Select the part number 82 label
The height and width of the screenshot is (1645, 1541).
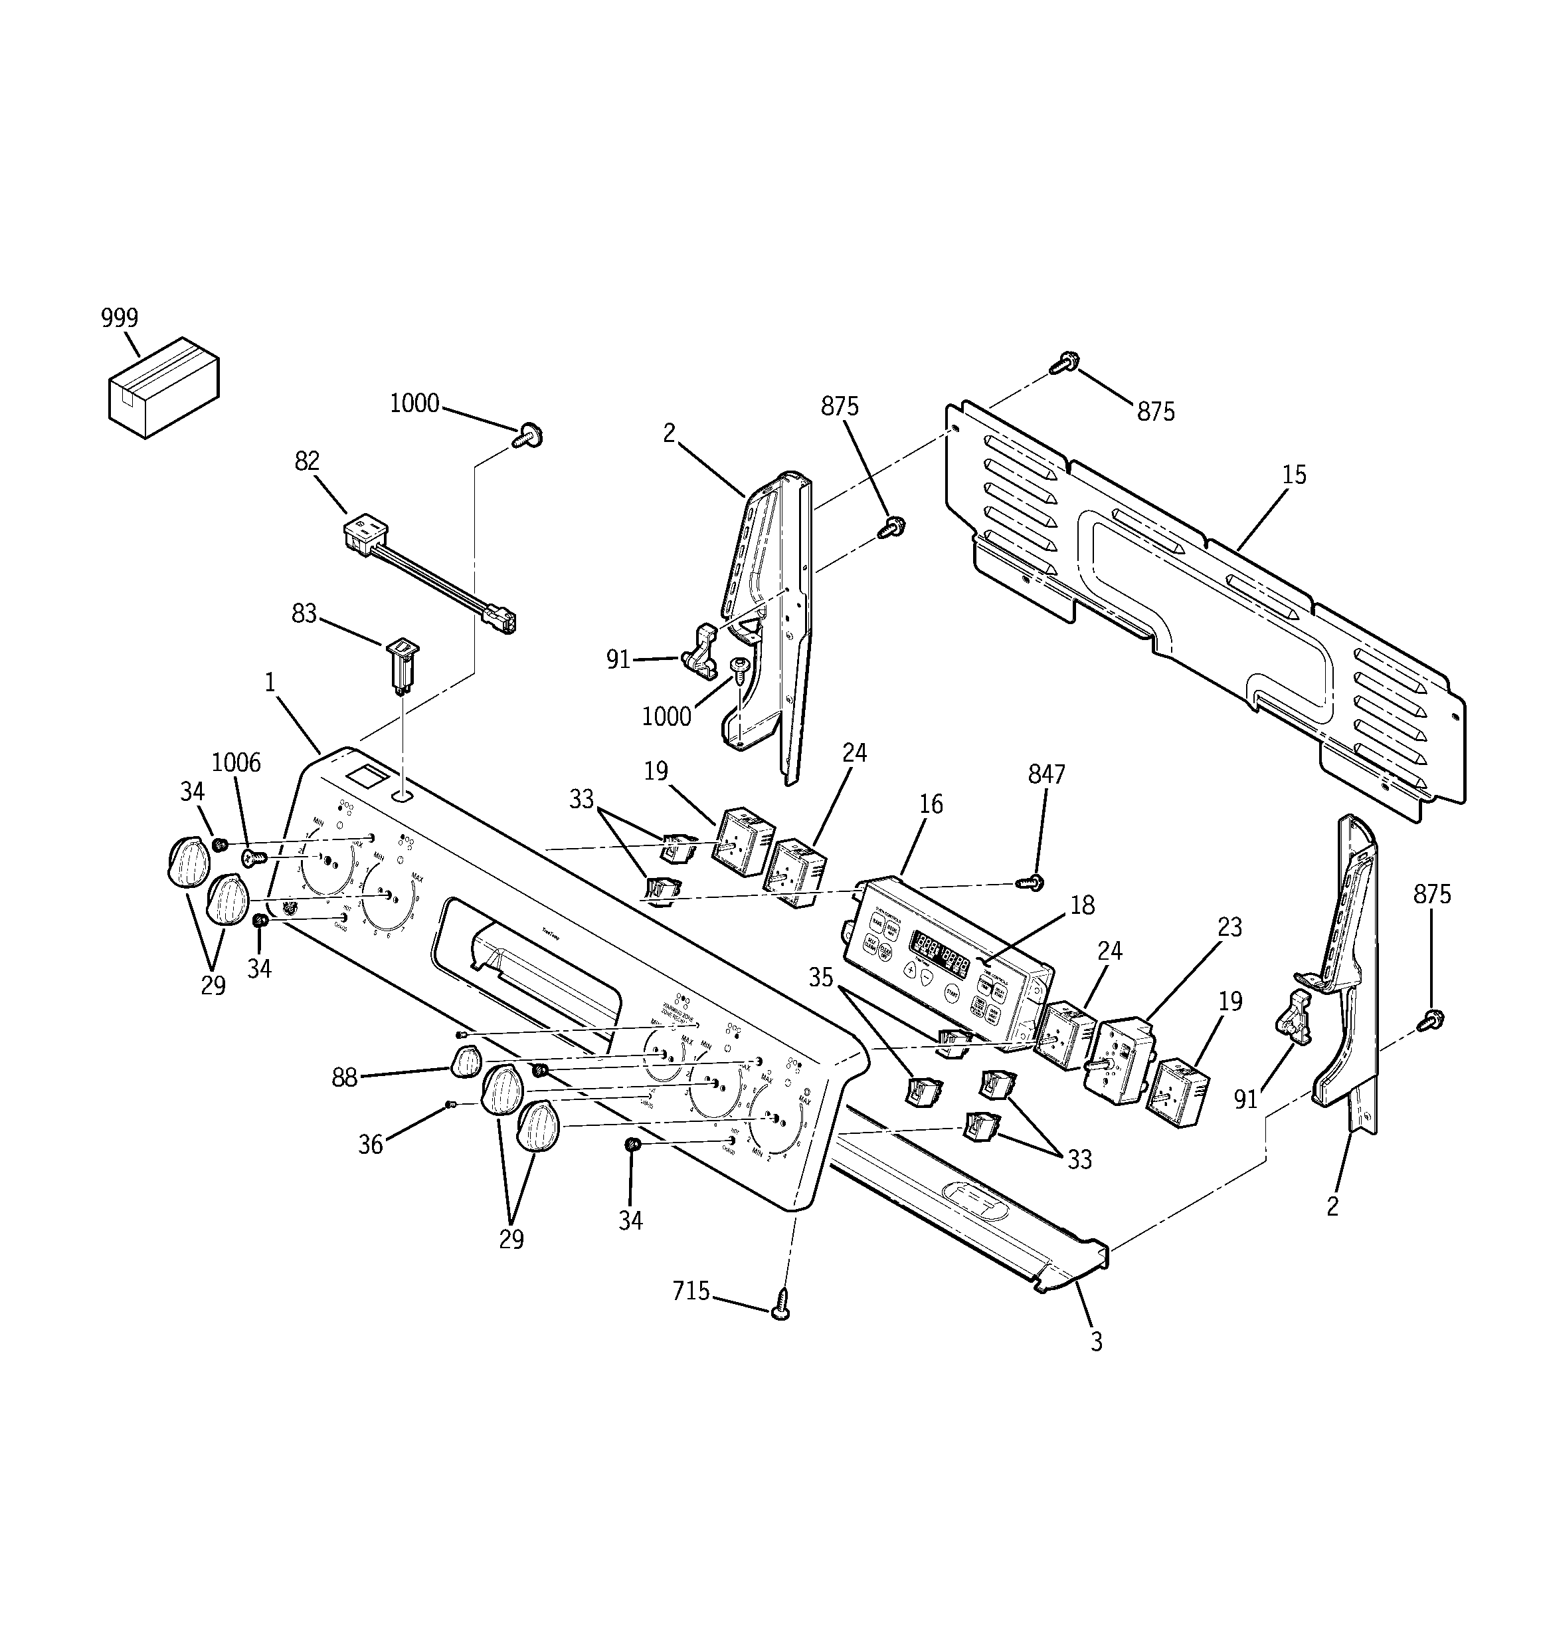tap(307, 461)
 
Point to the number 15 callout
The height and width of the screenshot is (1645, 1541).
tap(1294, 475)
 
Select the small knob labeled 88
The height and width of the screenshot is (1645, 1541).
tap(466, 1061)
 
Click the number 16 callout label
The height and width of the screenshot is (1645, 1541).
tap(931, 804)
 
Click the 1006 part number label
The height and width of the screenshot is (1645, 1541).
tap(236, 762)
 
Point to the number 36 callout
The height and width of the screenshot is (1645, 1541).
tap(370, 1145)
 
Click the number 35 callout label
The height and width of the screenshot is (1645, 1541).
tap(820, 977)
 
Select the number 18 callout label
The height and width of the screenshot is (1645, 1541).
tap(1082, 905)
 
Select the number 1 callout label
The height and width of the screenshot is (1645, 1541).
tap(270, 683)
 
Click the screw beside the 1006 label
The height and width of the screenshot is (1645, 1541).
tap(252, 858)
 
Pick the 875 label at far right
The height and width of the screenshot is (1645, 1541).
tap(1432, 895)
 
